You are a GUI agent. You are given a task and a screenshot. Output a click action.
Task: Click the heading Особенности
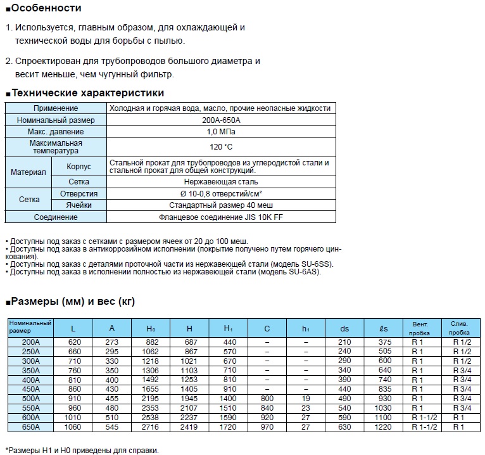pos(46,8)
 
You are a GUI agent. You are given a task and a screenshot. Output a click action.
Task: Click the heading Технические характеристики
pos(88,93)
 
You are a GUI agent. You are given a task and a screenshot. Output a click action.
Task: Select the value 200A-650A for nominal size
pos(221,120)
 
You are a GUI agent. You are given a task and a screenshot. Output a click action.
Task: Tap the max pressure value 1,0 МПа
pos(221,132)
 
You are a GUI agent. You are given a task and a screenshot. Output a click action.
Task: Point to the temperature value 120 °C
pos(221,147)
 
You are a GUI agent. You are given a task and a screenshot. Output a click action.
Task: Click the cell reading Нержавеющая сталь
pos(221,182)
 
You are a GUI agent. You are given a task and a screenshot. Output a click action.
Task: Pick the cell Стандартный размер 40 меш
pos(221,205)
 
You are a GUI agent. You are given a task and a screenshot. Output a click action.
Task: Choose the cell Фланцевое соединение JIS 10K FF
pos(221,217)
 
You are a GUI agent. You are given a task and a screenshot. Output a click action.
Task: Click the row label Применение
pos(56,108)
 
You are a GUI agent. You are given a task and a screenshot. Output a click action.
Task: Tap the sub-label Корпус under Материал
pos(79,167)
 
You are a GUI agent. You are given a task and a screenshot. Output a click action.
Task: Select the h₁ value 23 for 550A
pos(306,408)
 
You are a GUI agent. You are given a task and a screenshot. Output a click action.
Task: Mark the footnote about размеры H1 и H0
pos(82,450)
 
